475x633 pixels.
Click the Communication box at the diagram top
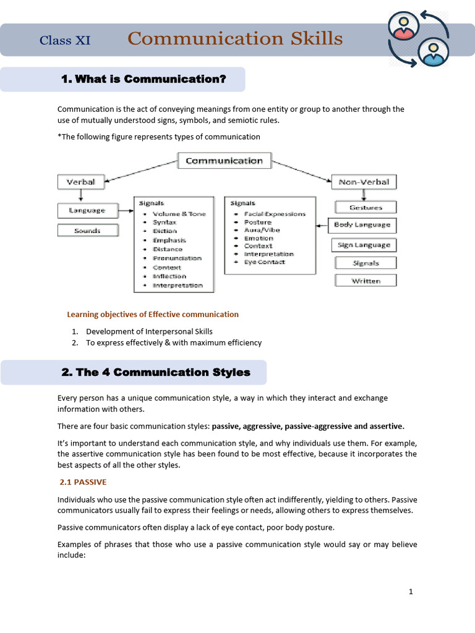[x=224, y=161]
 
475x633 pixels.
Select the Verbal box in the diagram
[x=80, y=182]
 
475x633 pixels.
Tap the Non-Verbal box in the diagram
[x=364, y=182]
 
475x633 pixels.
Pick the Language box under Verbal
[x=87, y=211]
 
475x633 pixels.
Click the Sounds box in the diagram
[x=87, y=231]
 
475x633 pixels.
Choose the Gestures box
[x=365, y=208]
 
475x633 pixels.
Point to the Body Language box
[x=362, y=225]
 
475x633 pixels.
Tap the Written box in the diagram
[x=366, y=281]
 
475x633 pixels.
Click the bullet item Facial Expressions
[x=275, y=214]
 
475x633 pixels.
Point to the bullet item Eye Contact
[x=265, y=262]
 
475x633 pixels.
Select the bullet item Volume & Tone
[x=179, y=214]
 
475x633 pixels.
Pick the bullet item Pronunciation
[x=177, y=258]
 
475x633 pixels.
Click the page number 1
[x=411, y=592]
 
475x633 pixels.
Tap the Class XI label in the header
[x=65, y=41]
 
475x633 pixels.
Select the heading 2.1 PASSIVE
[x=83, y=482]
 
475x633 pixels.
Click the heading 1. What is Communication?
[x=143, y=79]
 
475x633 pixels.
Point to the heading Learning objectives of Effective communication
[x=152, y=315]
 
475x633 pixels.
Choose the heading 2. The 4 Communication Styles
[x=156, y=372]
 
